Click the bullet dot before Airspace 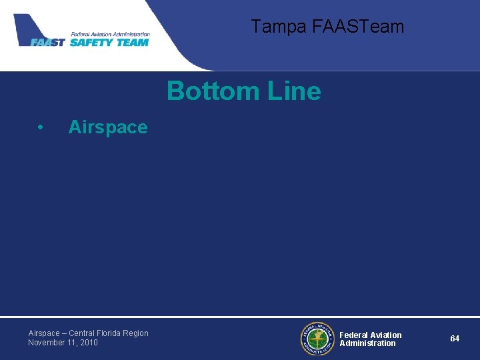[x=41, y=127]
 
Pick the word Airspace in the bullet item [x=107, y=127]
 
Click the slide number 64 [x=454, y=339]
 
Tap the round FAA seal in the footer [x=316, y=339]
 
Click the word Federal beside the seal [x=354, y=335]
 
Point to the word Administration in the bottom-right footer [x=367, y=343]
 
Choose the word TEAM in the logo [x=133, y=43]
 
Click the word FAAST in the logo [x=48, y=43]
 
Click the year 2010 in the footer [x=88, y=343]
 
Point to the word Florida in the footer [x=109, y=333]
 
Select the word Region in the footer [x=136, y=333]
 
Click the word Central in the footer [x=81, y=333]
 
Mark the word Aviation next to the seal [x=386, y=335]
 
